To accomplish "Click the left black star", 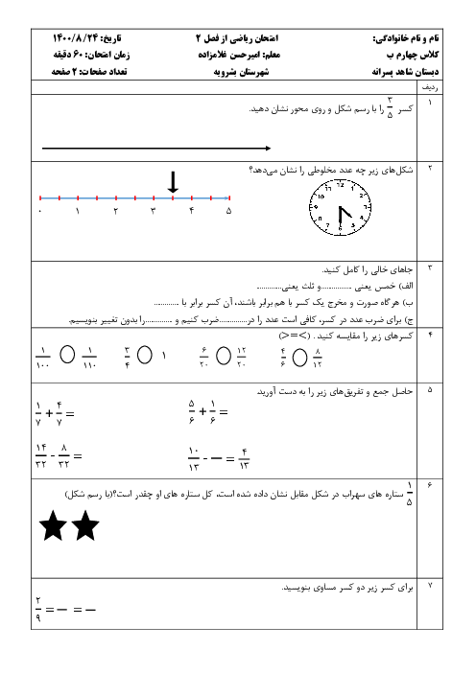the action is (x=53, y=525).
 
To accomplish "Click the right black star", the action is (x=85, y=525).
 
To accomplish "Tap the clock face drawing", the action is (x=341, y=208).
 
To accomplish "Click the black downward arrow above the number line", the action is (x=173, y=182).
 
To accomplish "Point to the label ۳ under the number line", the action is (x=154, y=211).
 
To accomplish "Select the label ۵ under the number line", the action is (x=229, y=211).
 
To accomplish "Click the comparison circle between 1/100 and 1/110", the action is (x=67, y=355).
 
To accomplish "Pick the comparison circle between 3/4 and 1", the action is (x=145, y=355).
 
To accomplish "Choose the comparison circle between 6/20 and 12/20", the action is (x=224, y=356).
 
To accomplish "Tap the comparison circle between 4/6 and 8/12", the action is (x=299, y=358).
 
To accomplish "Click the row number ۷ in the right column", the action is (x=430, y=586).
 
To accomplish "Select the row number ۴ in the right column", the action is (x=430, y=335).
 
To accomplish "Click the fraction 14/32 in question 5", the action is (x=41, y=455).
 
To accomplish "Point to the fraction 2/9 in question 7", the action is (x=38, y=610).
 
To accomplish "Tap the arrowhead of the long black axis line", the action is (x=269, y=148).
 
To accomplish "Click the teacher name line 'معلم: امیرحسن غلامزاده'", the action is (x=239, y=55).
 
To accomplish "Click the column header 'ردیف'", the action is (x=430, y=87).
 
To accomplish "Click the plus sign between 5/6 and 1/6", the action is (x=202, y=412).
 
